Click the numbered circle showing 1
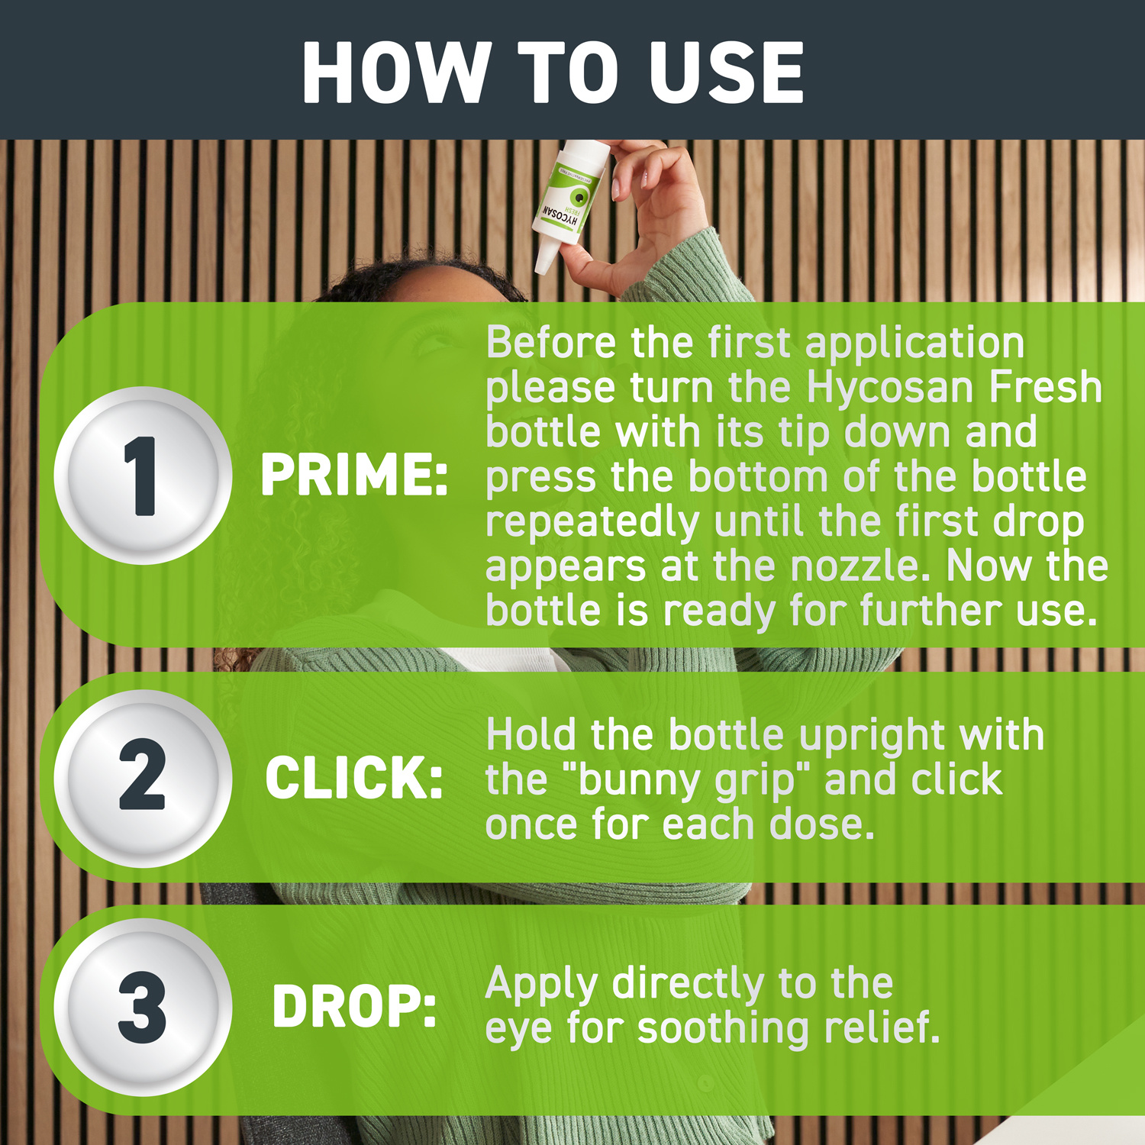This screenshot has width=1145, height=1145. (142, 476)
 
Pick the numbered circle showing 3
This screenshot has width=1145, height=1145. (142, 1008)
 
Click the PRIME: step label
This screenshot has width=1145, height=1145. (354, 475)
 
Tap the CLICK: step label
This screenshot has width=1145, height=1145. (354, 779)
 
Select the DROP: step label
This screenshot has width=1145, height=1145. (354, 1007)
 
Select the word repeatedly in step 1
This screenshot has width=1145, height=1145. (592, 523)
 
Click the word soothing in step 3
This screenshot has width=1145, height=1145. (722, 1028)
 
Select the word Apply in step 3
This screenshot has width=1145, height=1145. (541, 985)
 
